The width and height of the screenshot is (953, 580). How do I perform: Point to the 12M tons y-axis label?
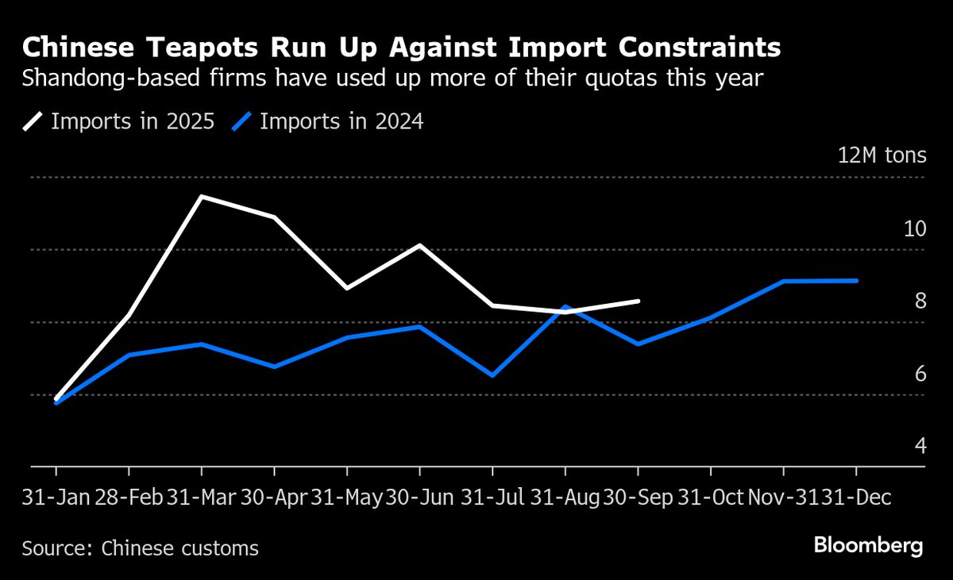point(882,155)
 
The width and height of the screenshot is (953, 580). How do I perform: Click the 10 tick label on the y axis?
point(915,229)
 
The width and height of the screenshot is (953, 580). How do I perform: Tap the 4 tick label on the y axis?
point(920,446)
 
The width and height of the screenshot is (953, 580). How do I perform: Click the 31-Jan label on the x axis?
point(56,497)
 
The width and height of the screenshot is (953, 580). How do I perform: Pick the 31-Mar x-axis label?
point(201,497)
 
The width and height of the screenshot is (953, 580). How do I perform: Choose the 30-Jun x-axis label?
point(419,497)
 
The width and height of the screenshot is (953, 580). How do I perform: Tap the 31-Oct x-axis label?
point(710,497)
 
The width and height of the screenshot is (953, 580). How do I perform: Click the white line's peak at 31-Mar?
point(202,196)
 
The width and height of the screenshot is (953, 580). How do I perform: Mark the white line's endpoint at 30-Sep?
point(639,301)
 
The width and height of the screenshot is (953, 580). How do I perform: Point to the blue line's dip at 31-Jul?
point(492,375)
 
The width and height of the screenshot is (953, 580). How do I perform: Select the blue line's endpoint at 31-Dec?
point(857,280)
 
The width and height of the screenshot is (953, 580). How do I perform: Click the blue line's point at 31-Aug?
point(565,306)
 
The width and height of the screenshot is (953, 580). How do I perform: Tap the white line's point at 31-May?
point(347,288)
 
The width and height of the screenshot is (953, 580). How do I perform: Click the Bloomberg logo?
point(868,546)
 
